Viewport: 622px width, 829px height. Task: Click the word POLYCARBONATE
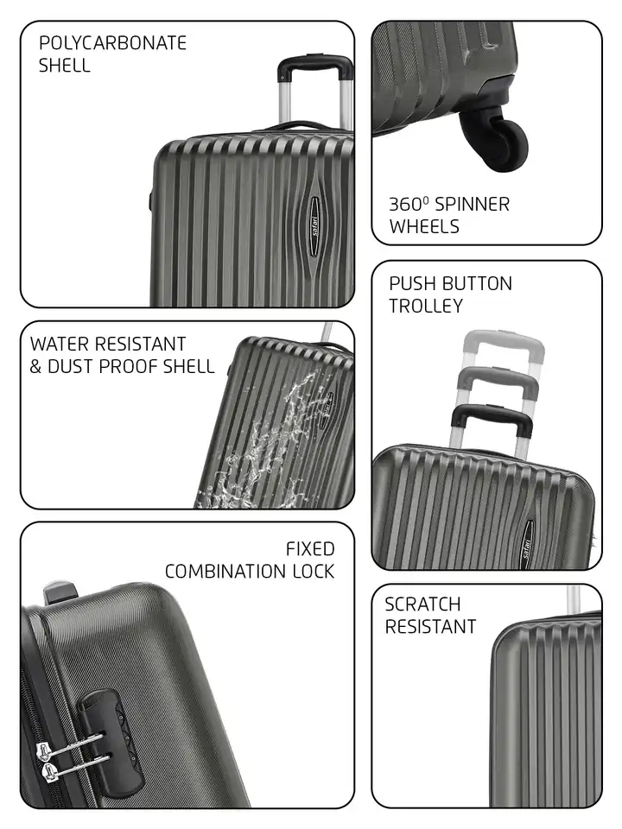pos(112,43)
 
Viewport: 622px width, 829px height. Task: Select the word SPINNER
pos(472,205)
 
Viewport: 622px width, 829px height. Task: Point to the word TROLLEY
pos(425,306)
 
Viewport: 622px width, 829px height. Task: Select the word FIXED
pos(310,549)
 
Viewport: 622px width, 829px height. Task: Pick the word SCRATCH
pos(422,604)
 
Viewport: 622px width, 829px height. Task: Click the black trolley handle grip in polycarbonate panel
pos(314,64)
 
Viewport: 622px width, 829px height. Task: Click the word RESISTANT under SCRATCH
pos(430,627)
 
